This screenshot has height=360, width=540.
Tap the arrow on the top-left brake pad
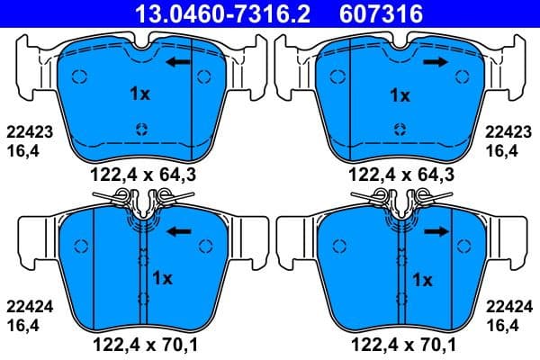pos(177,62)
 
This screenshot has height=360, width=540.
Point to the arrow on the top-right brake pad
pos(436,62)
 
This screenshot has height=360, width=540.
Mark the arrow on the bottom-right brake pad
pos(436,231)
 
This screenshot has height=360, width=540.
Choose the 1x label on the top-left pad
pos(139,93)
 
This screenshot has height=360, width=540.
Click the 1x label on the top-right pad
pos(399,94)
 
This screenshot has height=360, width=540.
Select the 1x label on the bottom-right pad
pos(422,280)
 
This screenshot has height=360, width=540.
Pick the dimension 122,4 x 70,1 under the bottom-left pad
pos(139,343)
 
